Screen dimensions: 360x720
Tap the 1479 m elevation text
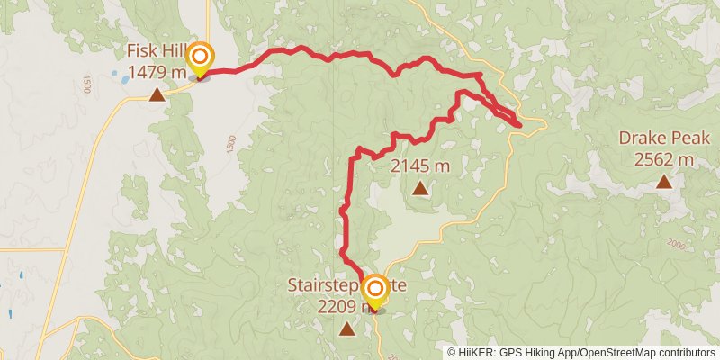(x=157, y=71)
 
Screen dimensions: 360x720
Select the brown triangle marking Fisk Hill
(x=157, y=94)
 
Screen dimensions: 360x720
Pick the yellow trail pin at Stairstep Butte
(x=375, y=291)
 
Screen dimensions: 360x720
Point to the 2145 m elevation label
(x=420, y=166)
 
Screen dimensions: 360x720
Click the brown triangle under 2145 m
(x=420, y=188)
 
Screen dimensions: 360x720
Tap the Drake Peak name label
(x=664, y=139)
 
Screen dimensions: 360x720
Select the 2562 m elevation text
(x=664, y=160)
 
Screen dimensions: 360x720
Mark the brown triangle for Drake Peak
(x=663, y=182)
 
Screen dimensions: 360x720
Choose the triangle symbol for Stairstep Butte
(x=347, y=329)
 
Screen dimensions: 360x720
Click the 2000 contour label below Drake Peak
(x=677, y=244)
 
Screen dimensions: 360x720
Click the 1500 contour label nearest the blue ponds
(x=86, y=84)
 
